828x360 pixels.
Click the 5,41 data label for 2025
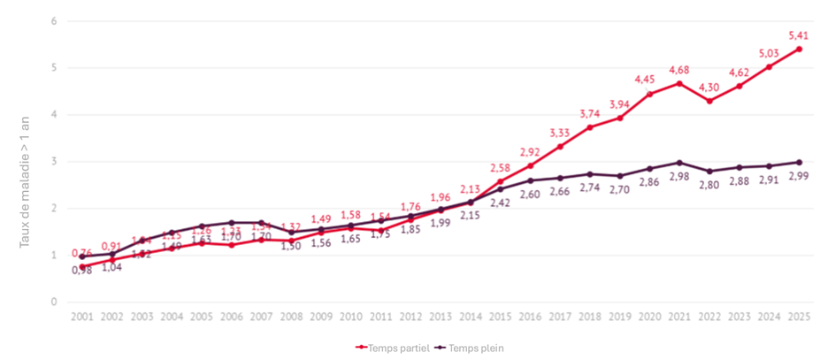[x=798, y=35]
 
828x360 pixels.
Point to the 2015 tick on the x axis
[x=500, y=317]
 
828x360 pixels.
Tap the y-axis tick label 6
[x=54, y=21]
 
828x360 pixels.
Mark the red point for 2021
[x=678, y=83]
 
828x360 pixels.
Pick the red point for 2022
[x=708, y=101]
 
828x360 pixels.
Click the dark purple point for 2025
[x=799, y=162]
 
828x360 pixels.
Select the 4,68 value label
[x=678, y=70]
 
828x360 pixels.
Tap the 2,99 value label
[x=800, y=178]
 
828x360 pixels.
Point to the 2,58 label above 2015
[x=500, y=168]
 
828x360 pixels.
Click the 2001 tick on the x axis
[x=81, y=317]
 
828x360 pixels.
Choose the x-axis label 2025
[x=799, y=317]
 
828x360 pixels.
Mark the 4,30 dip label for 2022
[x=709, y=88]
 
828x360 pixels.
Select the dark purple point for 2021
[x=678, y=163]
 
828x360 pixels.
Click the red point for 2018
[x=589, y=127]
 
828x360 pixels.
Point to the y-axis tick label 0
[x=54, y=303]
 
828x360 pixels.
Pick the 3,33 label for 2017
[x=559, y=134]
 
